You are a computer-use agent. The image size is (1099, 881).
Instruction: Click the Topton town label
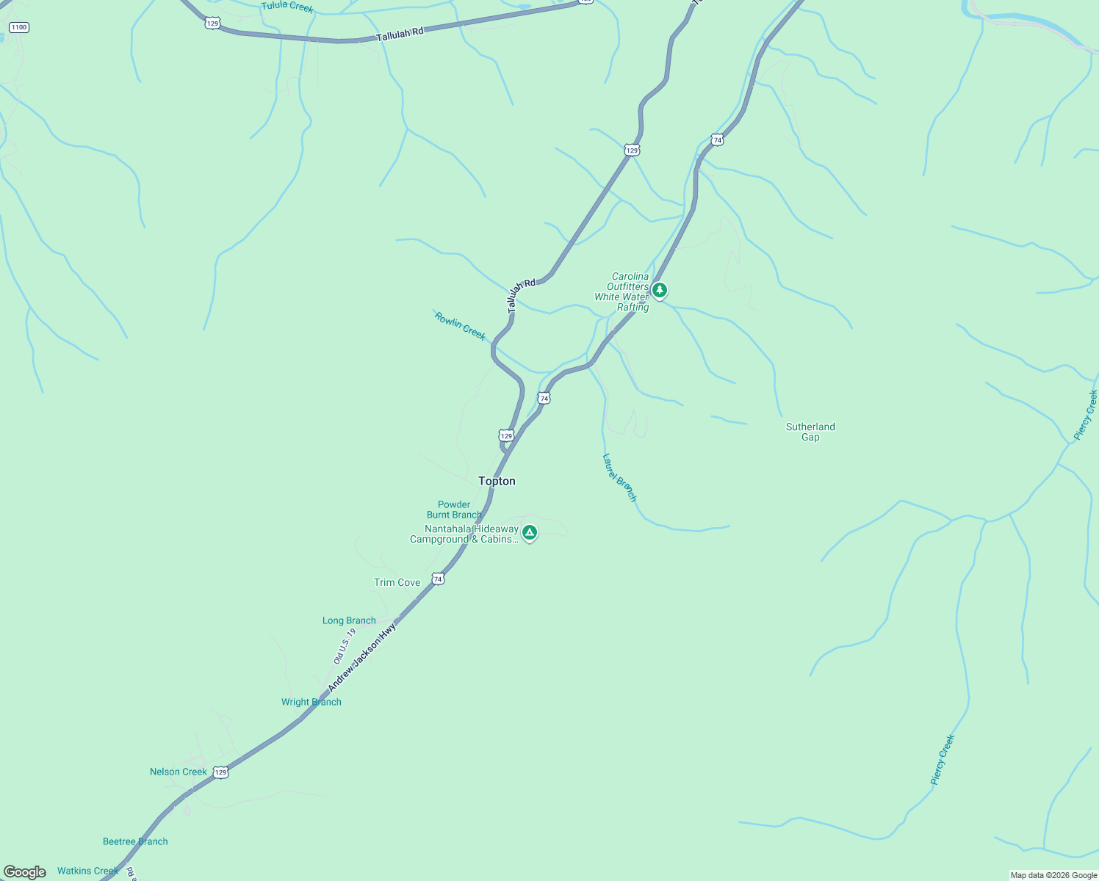(497, 481)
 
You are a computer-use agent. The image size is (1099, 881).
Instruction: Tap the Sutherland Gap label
(810, 432)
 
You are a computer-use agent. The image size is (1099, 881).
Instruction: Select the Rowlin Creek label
(460, 326)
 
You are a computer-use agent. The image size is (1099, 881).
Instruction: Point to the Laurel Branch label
(619, 477)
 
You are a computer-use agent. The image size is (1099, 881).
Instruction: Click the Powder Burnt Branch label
(454, 510)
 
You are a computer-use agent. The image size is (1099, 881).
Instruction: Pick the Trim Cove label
(397, 582)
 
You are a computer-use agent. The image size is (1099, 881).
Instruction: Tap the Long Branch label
(349, 620)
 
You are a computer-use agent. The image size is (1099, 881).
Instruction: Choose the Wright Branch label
(311, 702)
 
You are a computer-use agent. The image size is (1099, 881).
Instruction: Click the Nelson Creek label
(179, 772)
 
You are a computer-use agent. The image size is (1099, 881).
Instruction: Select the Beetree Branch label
(135, 841)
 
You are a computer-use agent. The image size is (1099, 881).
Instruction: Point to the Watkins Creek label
(87, 871)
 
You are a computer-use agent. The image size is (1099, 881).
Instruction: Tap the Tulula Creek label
(287, 7)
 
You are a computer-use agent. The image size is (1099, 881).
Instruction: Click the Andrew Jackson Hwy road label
(362, 657)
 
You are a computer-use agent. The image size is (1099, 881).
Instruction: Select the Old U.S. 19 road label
(345, 646)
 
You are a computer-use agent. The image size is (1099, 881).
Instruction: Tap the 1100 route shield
(18, 27)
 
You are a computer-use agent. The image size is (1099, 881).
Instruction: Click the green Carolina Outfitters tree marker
(660, 290)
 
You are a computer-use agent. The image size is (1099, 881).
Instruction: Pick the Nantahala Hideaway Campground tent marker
(529, 532)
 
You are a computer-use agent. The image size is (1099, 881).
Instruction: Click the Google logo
(25, 872)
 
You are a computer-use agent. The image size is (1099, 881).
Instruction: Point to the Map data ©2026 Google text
(1053, 875)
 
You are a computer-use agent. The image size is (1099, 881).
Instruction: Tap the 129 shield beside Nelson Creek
(220, 772)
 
